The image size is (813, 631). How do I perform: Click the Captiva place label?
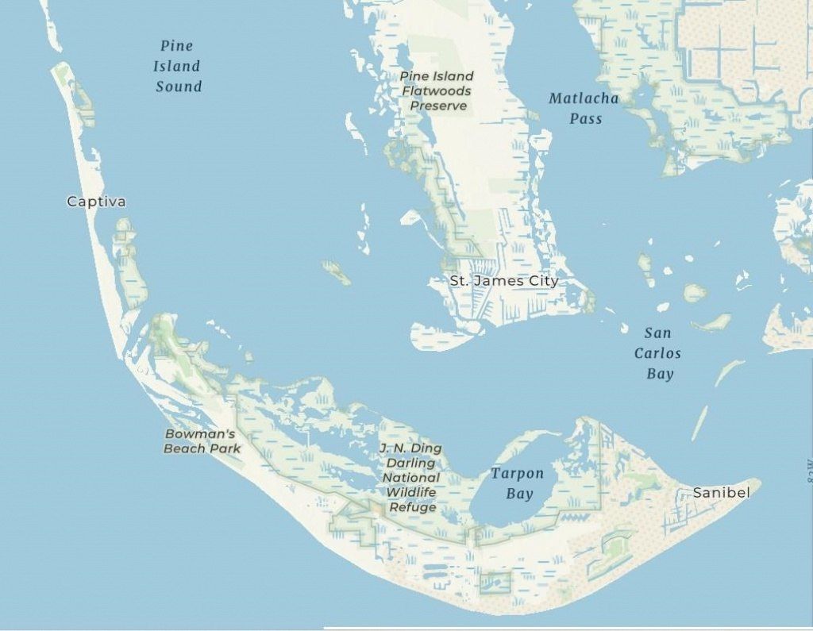click(x=96, y=202)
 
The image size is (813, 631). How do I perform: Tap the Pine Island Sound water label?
click(x=178, y=67)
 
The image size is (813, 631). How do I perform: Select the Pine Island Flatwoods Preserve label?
click(x=437, y=90)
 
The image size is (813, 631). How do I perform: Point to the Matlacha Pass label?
click(x=584, y=109)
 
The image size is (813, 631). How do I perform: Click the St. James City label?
click(x=503, y=281)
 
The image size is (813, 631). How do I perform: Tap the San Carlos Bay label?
click(x=658, y=353)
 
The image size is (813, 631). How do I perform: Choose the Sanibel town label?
click(x=721, y=493)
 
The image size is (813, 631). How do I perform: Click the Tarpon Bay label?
click(x=518, y=483)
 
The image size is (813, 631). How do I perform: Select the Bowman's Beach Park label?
click(x=202, y=441)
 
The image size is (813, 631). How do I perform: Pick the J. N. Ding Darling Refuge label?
click(x=411, y=478)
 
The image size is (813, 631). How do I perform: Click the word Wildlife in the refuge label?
click(x=411, y=493)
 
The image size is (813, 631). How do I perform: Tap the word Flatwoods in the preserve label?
click(x=437, y=90)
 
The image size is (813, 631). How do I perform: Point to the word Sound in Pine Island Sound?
click(x=179, y=87)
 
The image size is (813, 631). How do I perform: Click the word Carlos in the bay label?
click(x=657, y=353)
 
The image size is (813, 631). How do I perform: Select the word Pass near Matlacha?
click(x=586, y=119)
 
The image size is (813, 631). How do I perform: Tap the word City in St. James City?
click(x=541, y=281)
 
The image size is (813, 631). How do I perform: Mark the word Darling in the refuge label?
click(x=411, y=463)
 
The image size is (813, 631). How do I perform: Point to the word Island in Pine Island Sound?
click(x=177, y=67)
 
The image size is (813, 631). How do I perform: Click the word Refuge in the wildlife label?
click(x=412, y=507)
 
